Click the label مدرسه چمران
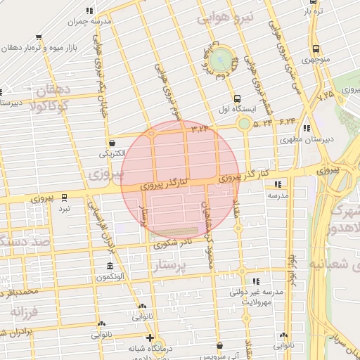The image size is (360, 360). (85, 22)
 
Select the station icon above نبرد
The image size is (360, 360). (64, 198)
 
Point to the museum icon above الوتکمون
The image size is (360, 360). (110, 266)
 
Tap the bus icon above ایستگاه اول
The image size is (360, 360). (237, 98)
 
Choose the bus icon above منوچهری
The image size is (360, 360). (316, 49)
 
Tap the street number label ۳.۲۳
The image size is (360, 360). (200, 128)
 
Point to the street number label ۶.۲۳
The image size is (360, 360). (287, 122)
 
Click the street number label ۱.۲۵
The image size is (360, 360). (326, 93)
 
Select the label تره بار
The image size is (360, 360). (314, 11)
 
